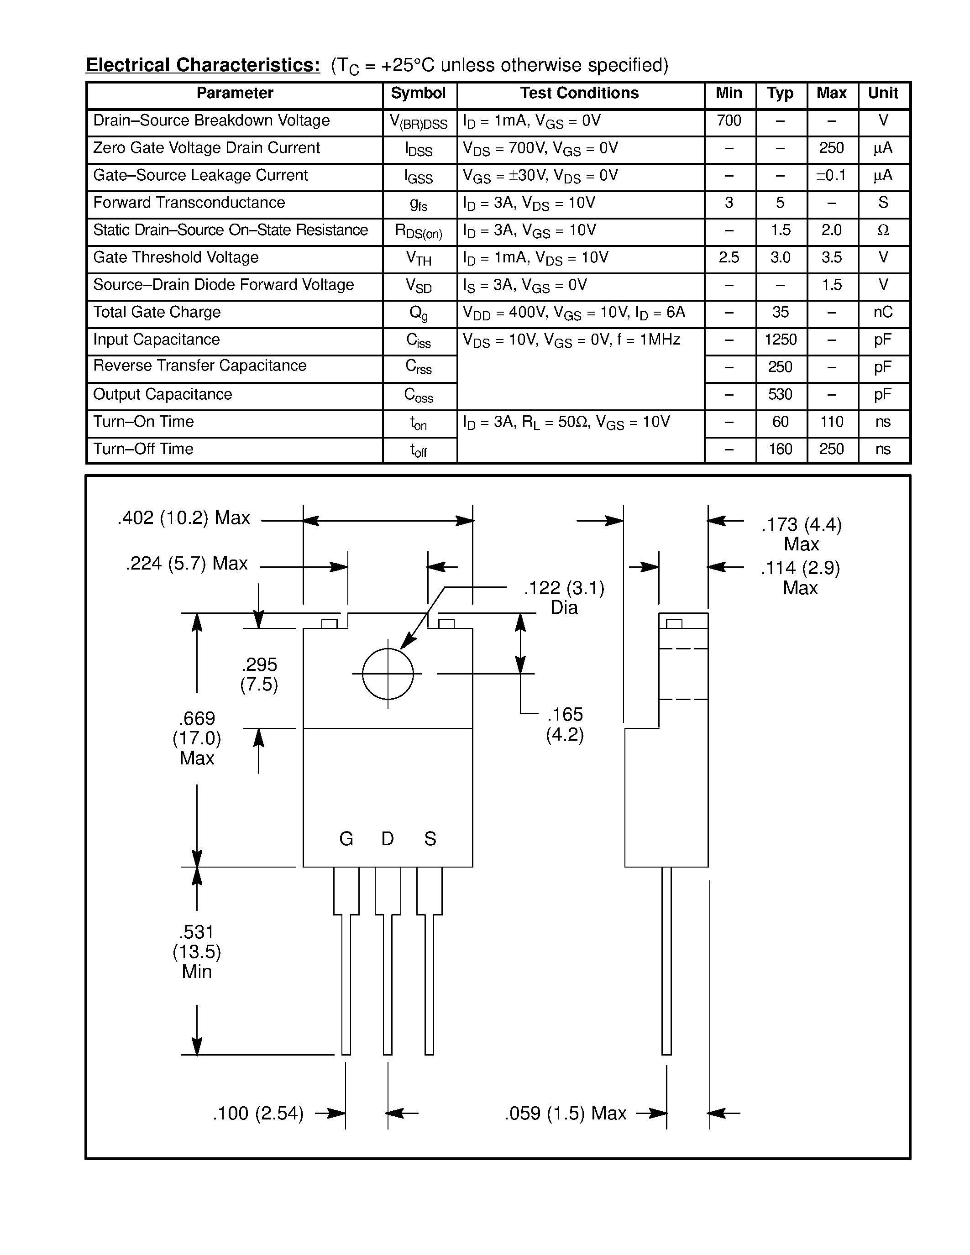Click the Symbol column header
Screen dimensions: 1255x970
click(418, 94)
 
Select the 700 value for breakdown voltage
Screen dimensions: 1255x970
click(729, 120)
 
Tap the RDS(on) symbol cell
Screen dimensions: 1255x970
click(418, 231)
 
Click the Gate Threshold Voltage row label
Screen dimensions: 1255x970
click(176, 257)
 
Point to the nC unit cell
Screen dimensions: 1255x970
click(883, 312)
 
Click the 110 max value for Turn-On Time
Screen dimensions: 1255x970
click(831, 422)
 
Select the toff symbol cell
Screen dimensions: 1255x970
click(418, 450)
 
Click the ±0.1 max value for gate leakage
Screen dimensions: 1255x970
click(831, 175)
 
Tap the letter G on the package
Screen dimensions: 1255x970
click(346, 839)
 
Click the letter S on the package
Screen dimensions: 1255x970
click(430, 839)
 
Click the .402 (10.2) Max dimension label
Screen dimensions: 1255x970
click(184, 518)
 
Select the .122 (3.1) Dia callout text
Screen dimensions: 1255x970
click(564, 598)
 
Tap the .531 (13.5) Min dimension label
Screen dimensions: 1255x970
click(197, 952)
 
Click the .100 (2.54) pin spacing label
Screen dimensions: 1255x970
click(258, 1114)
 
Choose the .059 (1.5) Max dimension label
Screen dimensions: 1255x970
click(565, 1114)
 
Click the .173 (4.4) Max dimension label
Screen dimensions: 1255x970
click(801, 534)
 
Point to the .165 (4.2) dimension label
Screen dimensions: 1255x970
click(564, 725)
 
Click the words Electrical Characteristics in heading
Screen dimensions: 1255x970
click(203, 65)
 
